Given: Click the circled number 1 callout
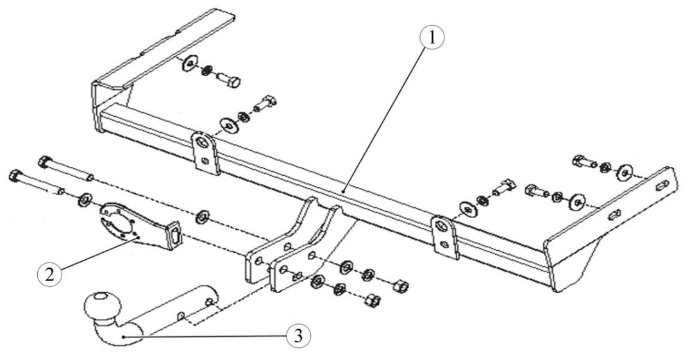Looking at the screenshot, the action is (x=432, y=39).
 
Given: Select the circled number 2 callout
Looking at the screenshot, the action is (x=49, y=275).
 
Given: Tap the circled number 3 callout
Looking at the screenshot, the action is (x=298, y=337).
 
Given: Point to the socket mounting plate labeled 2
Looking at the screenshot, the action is (x=137, y=225).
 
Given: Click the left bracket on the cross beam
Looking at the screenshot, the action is (x=205, y=153).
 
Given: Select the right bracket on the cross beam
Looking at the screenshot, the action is (x=445, y=236).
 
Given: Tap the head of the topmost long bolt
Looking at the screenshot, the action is (x=45, y=162).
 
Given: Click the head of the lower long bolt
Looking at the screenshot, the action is (x=15, y=176).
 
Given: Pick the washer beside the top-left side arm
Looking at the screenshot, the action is (x=190, y=64).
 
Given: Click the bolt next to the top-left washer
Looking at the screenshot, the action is (x=230, y=81).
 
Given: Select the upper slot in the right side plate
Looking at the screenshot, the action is (x=661, y=185).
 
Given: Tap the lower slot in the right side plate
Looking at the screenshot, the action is (x=615, y=215).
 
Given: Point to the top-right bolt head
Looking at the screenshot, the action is (x=578, y=161).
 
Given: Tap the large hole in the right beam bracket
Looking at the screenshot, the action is (x=441, y=226).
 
